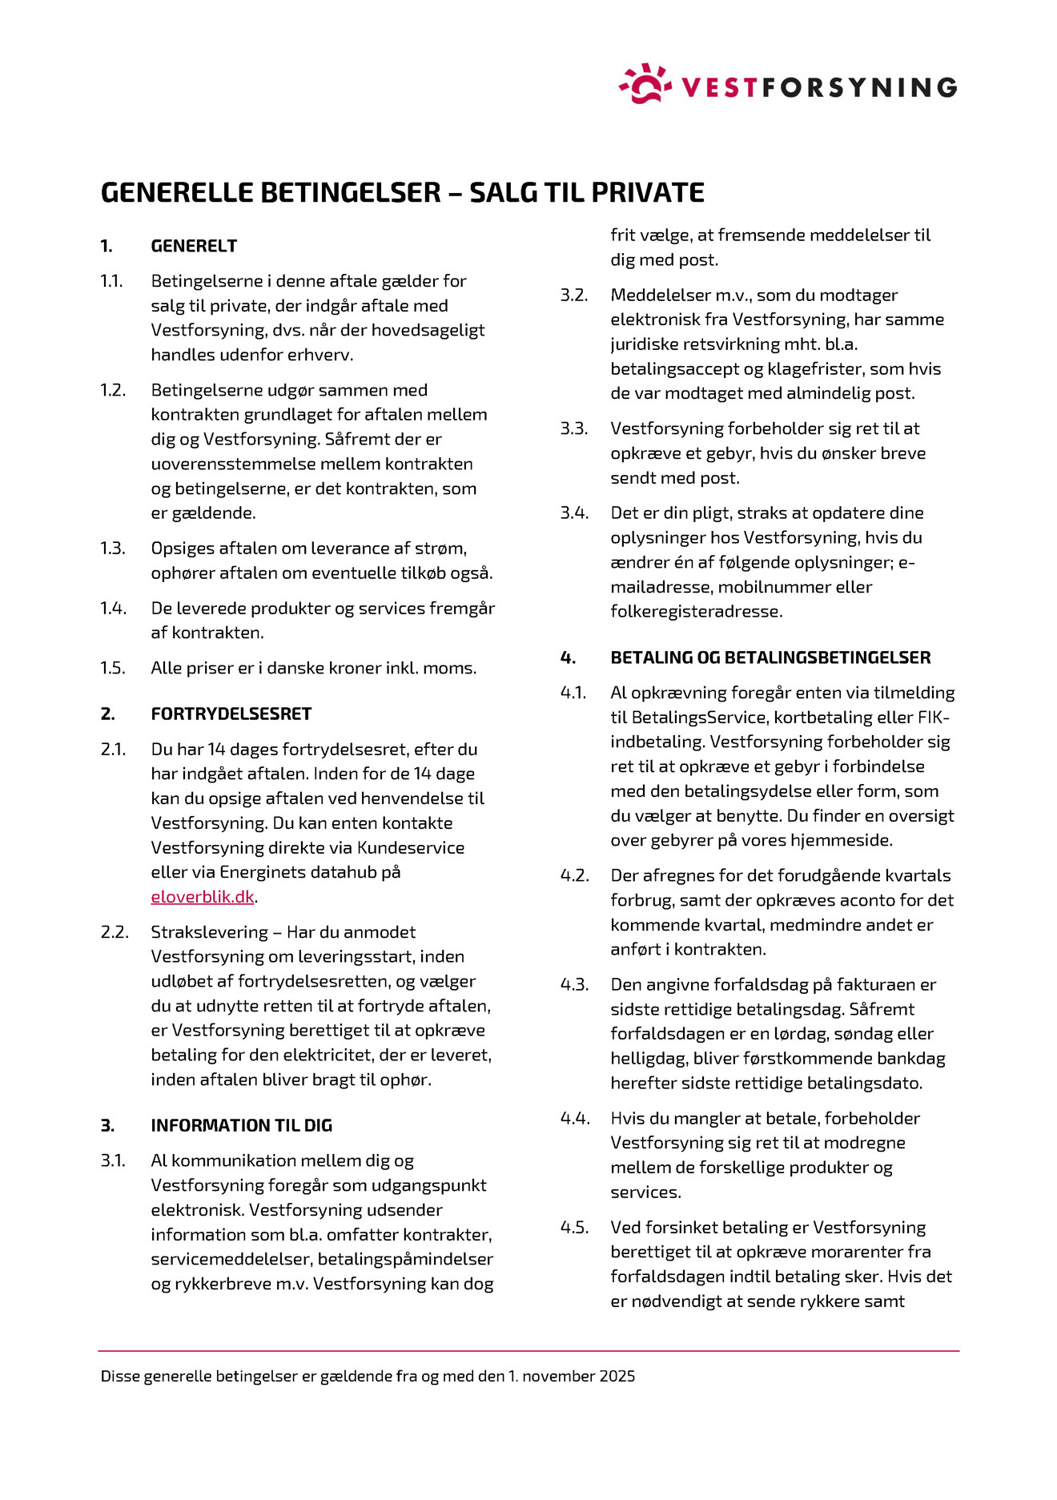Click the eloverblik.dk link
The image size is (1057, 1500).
[203, 897]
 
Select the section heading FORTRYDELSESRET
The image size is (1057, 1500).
[231, 714]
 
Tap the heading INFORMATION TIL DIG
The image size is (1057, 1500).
[241, 1125]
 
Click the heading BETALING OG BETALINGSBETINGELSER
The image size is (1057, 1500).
[770, 658]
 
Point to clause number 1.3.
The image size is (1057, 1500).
[113, 549]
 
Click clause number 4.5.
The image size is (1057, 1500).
[574, 1227]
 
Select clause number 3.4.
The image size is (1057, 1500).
[574, 513]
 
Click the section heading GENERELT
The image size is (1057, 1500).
[194, 246]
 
